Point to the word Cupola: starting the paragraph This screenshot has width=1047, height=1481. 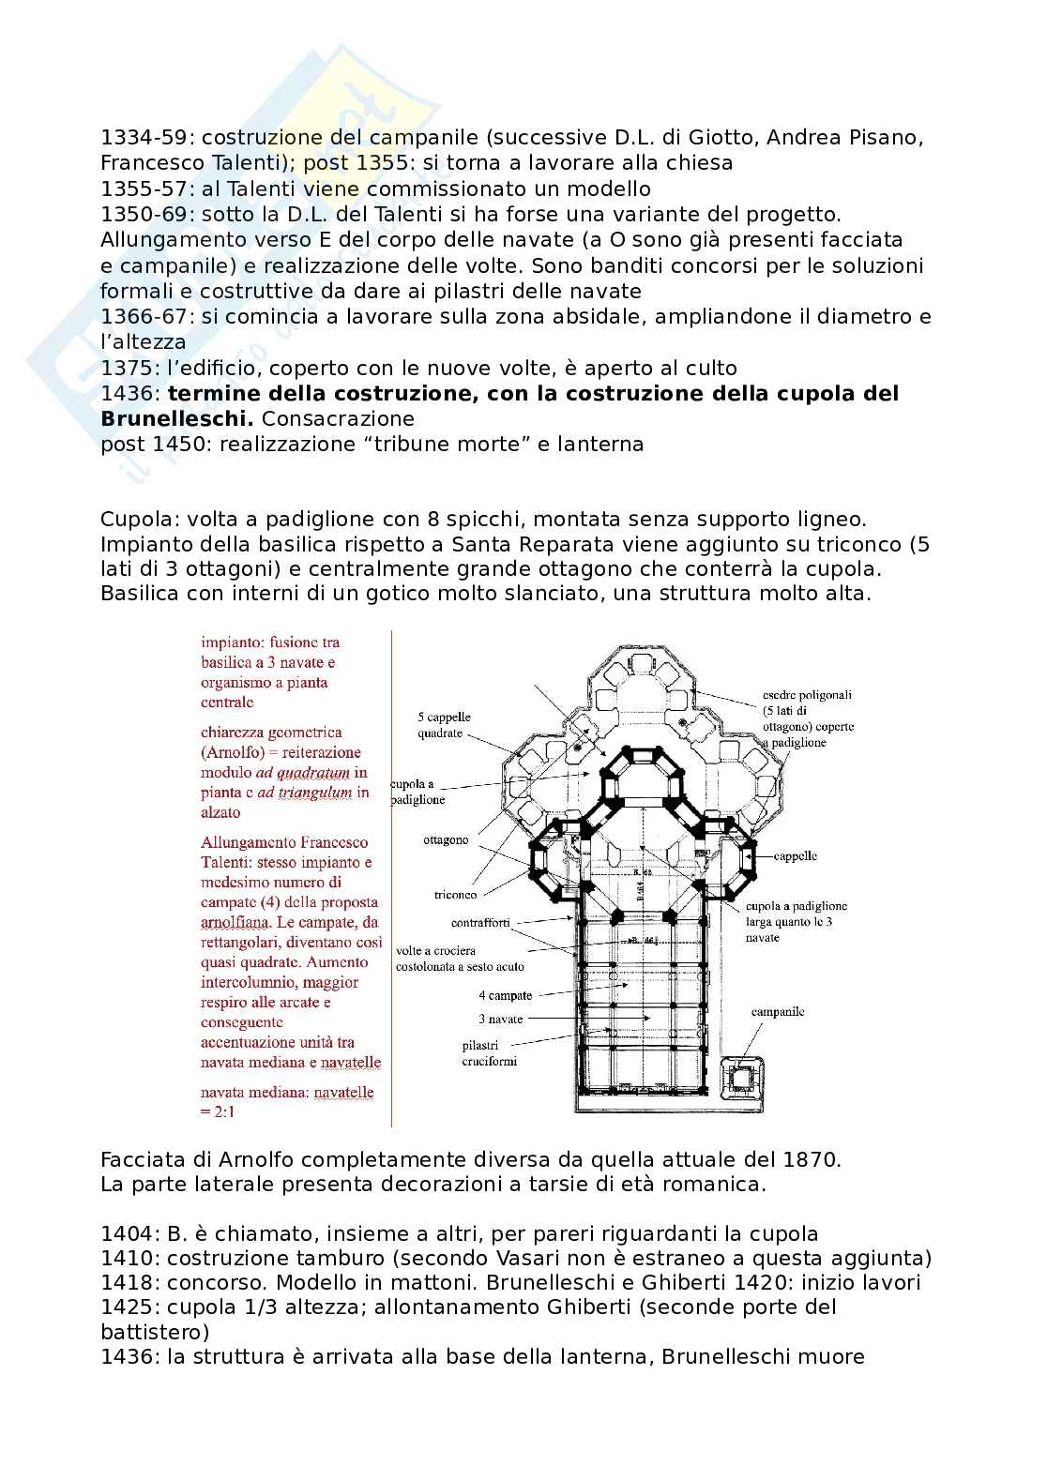click(139, 519)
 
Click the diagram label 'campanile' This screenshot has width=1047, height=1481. click(778, 1012)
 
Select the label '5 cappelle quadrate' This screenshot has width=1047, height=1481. click(444, 724)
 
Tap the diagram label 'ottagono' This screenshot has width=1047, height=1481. click(445, 839)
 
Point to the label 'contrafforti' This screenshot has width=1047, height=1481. click(479, 922)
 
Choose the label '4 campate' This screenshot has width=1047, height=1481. click(505, 995)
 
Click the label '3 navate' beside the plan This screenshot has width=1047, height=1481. click(502, 1019)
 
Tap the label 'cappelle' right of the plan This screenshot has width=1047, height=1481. click(795, 855)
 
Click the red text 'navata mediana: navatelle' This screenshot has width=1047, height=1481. click(287, 1092)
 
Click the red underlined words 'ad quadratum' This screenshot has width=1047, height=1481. click(310, 773)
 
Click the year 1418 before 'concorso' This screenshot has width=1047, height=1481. click(128, 1282)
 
